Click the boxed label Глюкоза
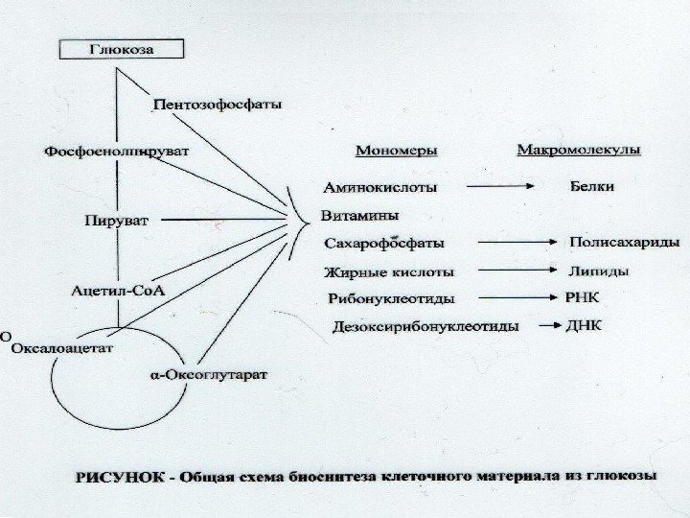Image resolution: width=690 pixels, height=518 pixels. pyautogui.click(x=122, y=48)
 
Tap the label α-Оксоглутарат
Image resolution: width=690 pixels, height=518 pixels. pyautogui.click(x=210, y=371)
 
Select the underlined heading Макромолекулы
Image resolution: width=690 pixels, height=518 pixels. pyautogui.click(x=579, y=151)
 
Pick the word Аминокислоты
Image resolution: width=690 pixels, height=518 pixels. pyautogui.click(x=380, y=186)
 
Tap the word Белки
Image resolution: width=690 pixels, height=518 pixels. pyautogui.click(x=591, y=185)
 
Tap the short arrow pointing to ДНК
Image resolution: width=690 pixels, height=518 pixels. pyautogui.click(x=549, y=326)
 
